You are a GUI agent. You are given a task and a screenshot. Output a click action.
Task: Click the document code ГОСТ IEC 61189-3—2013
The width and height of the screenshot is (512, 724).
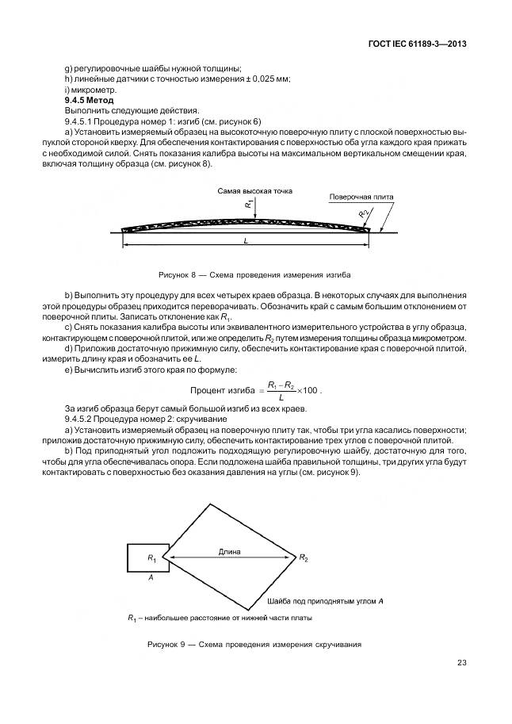415,44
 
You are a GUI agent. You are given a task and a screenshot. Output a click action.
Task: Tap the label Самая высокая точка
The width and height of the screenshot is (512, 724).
249,192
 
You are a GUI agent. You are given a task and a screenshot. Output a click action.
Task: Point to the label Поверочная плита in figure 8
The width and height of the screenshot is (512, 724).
361,196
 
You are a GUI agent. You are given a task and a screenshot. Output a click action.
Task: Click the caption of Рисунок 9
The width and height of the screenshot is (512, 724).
254,644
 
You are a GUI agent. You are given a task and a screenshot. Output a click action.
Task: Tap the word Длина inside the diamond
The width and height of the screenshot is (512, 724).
230,550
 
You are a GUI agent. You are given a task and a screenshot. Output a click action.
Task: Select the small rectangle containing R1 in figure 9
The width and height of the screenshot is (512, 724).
147,558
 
